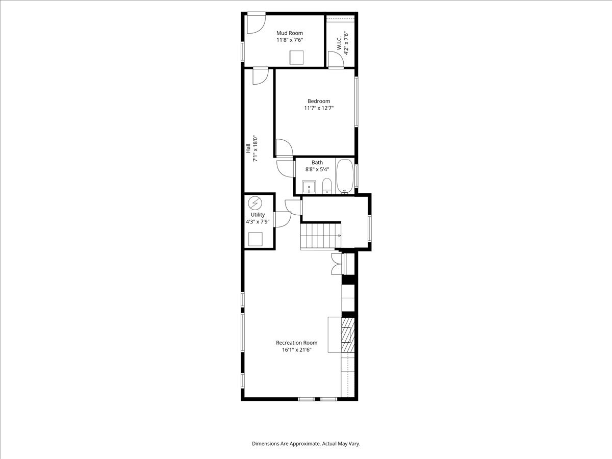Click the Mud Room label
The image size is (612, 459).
[x=289, y=33]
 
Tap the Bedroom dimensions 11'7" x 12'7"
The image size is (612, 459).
[x=319, y=108]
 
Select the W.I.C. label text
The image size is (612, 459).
[x=339, y=43]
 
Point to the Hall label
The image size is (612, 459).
[x=248, y=148]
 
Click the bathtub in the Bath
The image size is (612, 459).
[x=345, y=176]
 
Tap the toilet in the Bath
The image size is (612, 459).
[x=327, y=186]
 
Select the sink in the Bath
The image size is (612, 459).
[x=309, y=187]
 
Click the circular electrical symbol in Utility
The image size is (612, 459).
[x=255, y=203]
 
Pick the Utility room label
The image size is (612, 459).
[x=258, y=215]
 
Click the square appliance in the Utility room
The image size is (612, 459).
[x=256, y=239]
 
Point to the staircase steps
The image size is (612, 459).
[x=321, y=236]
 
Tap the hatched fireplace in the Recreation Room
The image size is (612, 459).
[x=348, y=335]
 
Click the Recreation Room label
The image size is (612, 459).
[x=297, y=343]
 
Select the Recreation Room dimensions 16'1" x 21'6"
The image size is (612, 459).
[x=297, y=350]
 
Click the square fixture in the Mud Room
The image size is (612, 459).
[x=296, y=58]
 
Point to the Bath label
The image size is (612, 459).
[x=317, y=162]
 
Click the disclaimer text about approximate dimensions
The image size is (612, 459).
[x=306, y=443]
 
